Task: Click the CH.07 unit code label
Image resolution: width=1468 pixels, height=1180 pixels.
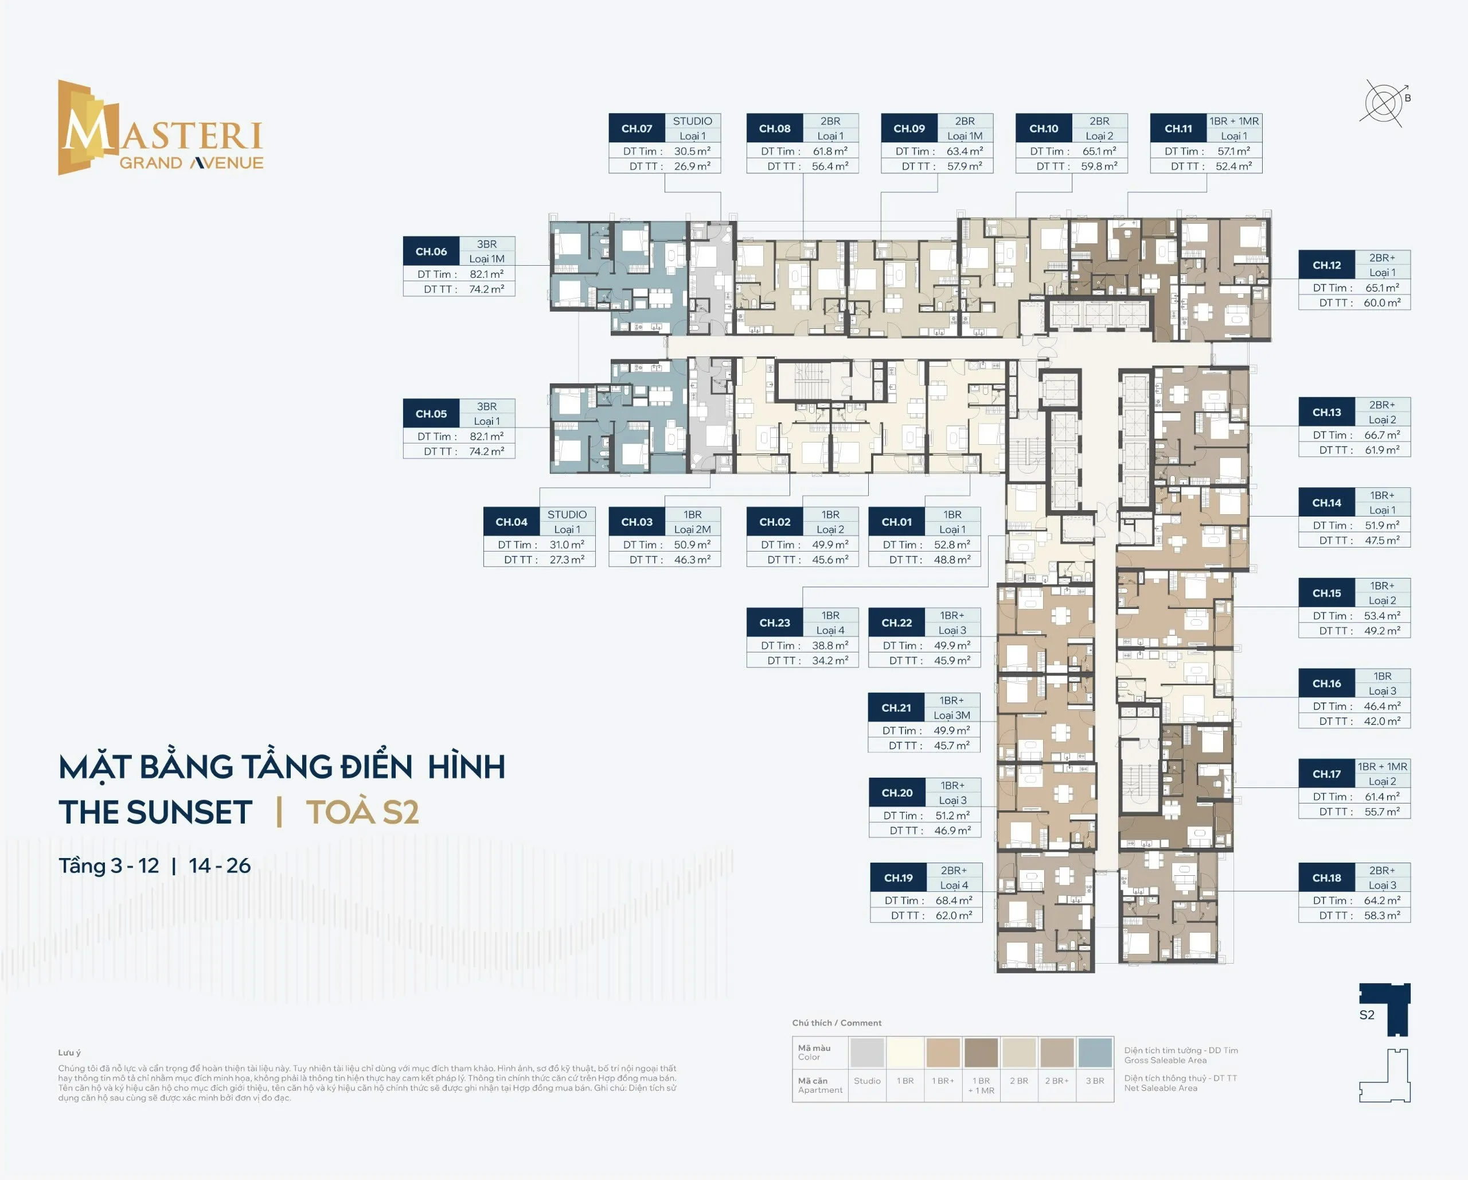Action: click(636, 128)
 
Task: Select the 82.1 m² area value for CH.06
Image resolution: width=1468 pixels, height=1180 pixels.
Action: click(486, 274)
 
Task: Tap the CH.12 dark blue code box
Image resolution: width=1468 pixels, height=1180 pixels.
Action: click(1326, 265)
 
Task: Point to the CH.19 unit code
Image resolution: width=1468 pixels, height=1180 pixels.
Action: click(898, 878)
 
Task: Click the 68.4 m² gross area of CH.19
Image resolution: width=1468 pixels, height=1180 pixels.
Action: click(953, 900)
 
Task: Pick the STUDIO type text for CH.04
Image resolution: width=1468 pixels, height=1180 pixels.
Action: click(567, 514)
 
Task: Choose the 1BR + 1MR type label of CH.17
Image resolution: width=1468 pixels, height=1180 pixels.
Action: click(1381, 766)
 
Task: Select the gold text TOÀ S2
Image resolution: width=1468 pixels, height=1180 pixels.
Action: click(362, 812)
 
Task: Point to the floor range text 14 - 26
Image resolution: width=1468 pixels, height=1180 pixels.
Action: click(219, 865)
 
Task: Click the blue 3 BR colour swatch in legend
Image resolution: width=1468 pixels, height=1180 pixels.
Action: click(1095, 1053)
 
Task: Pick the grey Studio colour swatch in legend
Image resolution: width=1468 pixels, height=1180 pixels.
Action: click(867, 1053)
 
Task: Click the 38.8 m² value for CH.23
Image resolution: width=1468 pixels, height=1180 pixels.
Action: click(829, 645)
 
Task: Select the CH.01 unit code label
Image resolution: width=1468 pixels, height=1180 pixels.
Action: click(896, 522)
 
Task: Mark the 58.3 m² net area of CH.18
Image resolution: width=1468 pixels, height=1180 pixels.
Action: click(1381, 915)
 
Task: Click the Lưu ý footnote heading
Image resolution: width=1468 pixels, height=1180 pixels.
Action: click(69, 1053)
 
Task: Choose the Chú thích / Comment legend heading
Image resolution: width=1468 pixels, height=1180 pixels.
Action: click(836, 1023)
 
